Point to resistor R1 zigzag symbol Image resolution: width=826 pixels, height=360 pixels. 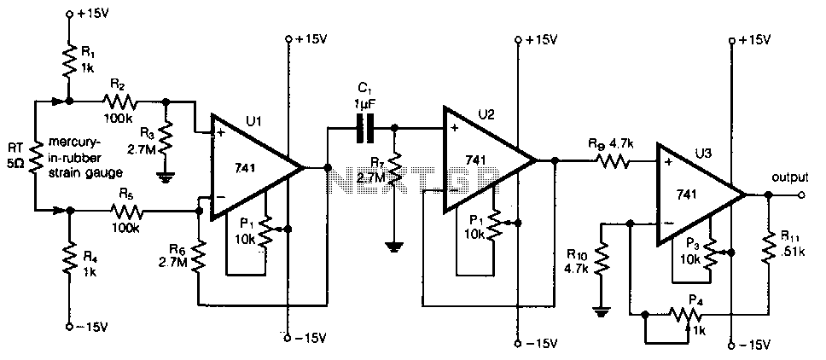coord(68,58)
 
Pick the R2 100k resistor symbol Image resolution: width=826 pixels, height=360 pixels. coord(119,102)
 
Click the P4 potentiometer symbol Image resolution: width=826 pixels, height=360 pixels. coord(686,316)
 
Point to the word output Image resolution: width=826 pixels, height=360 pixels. coord(789,178)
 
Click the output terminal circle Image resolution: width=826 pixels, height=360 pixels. coord(801,195)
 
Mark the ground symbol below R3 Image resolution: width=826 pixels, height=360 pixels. coord(166,178)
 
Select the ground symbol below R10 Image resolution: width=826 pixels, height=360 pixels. coord(602,312)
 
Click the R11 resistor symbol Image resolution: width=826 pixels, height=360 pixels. coord(768,247)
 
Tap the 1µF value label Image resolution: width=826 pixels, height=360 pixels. coord(364,105)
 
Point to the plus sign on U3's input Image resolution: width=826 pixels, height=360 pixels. coord(668,161)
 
